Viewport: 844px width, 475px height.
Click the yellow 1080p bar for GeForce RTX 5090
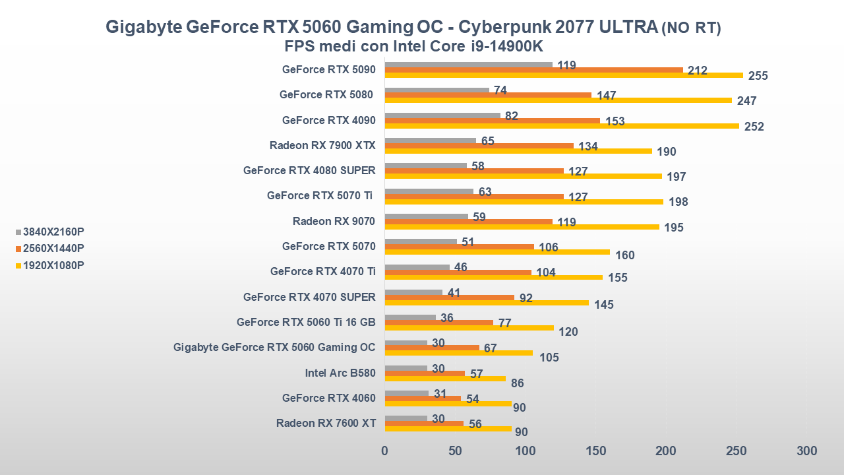(564, 75)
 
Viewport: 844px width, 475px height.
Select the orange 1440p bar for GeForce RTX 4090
(493, 121)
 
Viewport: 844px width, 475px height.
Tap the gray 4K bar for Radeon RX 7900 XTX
(431, 141)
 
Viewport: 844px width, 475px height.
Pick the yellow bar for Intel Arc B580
(445, 379)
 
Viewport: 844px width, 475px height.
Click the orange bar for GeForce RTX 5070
(460, 247)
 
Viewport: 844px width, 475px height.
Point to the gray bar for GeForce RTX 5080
(437, 90)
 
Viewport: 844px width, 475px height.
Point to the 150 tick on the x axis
(595, 451)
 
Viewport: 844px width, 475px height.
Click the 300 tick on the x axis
(806, 451)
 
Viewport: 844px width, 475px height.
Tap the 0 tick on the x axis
(385, 451)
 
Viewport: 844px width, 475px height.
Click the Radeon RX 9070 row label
(334, 221)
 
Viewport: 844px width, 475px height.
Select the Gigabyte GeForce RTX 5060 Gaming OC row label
(274, 347)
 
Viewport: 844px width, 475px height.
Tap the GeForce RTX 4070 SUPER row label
(309, 297)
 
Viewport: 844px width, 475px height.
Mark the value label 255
(758, 76)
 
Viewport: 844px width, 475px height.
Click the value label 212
(697, 71)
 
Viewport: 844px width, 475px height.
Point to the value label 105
(549, 358)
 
